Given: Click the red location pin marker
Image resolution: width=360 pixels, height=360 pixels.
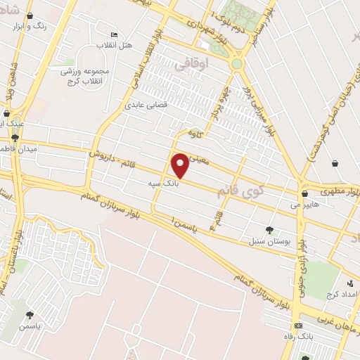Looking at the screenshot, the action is pos(181,165).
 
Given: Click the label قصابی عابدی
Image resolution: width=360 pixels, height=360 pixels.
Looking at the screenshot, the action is pos(144,105).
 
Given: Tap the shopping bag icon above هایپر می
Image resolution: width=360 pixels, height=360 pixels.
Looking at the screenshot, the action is pos(304,193).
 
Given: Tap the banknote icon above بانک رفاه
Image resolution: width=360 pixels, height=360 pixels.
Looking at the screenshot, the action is pos(300,326).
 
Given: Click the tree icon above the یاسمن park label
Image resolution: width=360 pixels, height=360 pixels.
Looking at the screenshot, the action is pos(30,316).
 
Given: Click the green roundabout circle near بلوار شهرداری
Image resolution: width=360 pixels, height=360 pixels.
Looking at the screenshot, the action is pos(237,64).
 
